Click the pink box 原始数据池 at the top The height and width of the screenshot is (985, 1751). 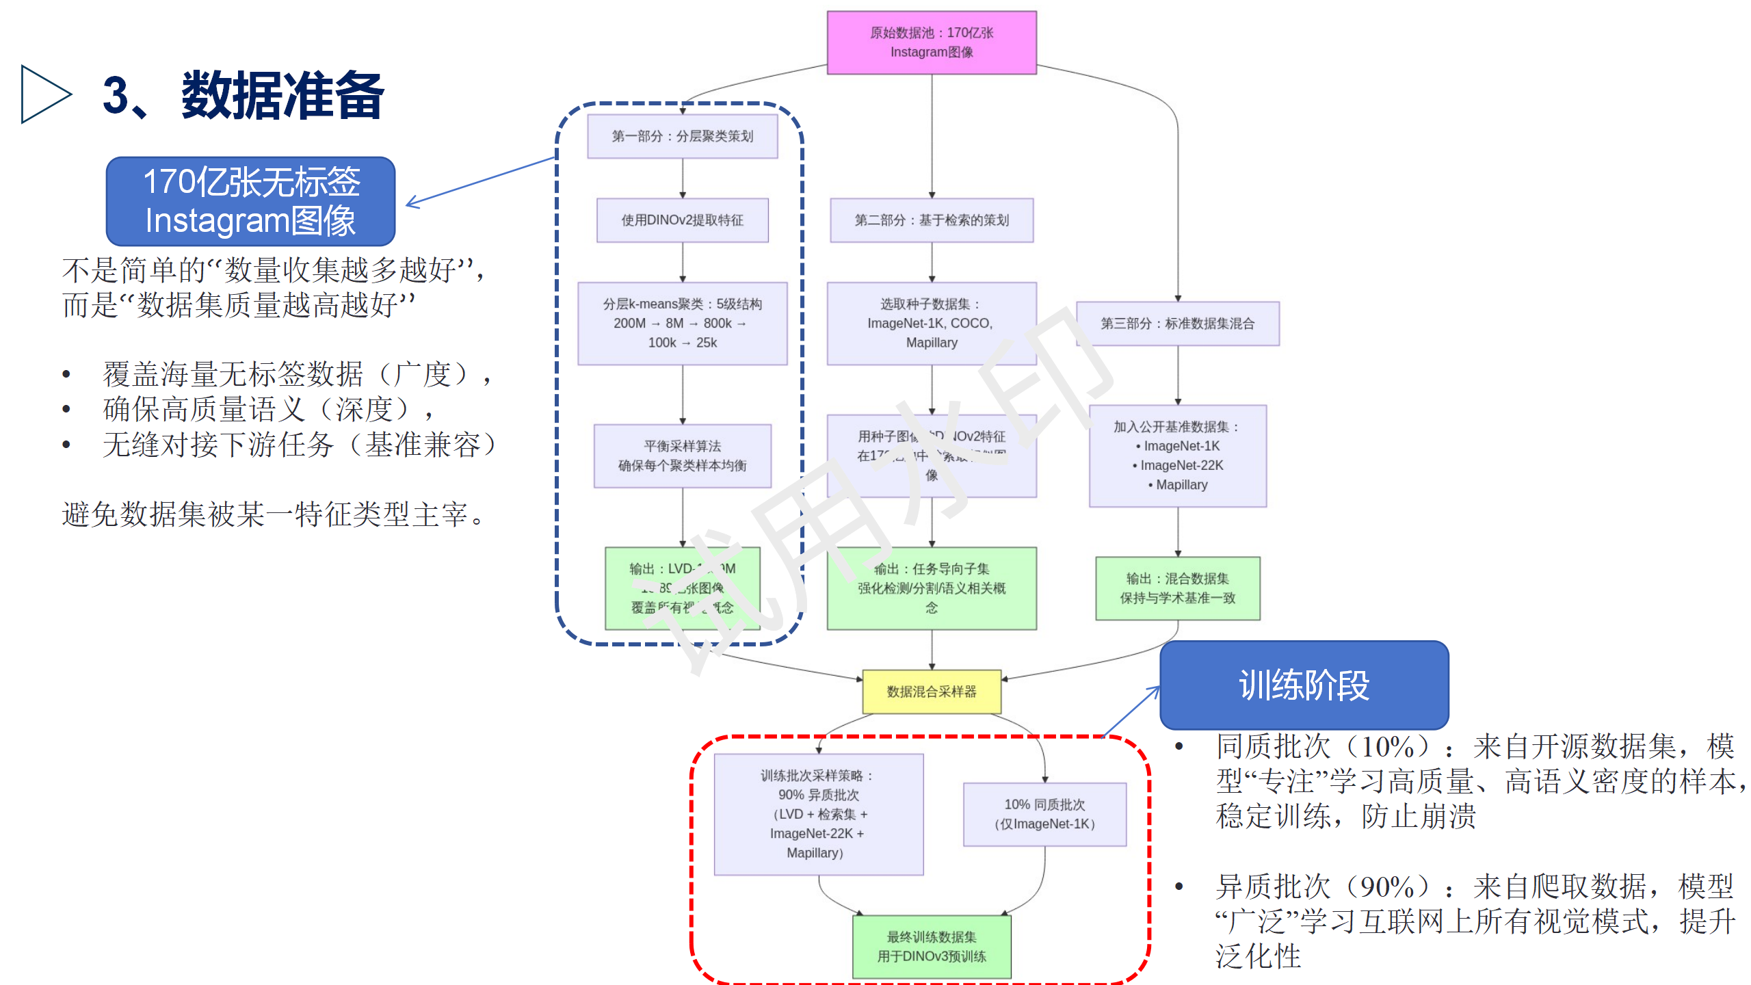pos(932,42)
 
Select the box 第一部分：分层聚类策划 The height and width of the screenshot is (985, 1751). pos(682,136)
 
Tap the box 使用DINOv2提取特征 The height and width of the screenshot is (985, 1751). pos(682,220)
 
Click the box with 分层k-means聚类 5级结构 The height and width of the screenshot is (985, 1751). pos(682,323)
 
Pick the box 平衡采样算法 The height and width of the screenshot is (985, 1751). pos(682,456)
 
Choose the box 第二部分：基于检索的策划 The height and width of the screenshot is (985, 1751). pos(932,220)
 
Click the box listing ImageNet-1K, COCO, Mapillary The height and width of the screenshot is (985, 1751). pos(932,323)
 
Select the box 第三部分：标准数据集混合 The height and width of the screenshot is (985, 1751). pos(1177,324)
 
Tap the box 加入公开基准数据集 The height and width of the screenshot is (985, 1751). pos(1177,456)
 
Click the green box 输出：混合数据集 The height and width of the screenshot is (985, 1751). pos(1177,588)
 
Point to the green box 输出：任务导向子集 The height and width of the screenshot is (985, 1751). pos(932,588)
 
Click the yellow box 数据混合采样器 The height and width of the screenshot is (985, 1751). pos(932,692)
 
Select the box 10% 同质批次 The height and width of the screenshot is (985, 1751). pos(1044,814)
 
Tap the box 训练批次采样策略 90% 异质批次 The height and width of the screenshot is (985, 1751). pos(818,814)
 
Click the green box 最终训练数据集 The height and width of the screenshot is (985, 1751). pos(932,947)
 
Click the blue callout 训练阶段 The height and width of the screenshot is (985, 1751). pos(1304,685)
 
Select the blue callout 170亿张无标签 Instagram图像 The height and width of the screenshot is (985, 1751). pos(250,201)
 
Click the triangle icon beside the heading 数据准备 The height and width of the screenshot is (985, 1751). pos(45,94)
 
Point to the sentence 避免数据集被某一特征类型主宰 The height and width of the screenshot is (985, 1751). pos(274,514)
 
